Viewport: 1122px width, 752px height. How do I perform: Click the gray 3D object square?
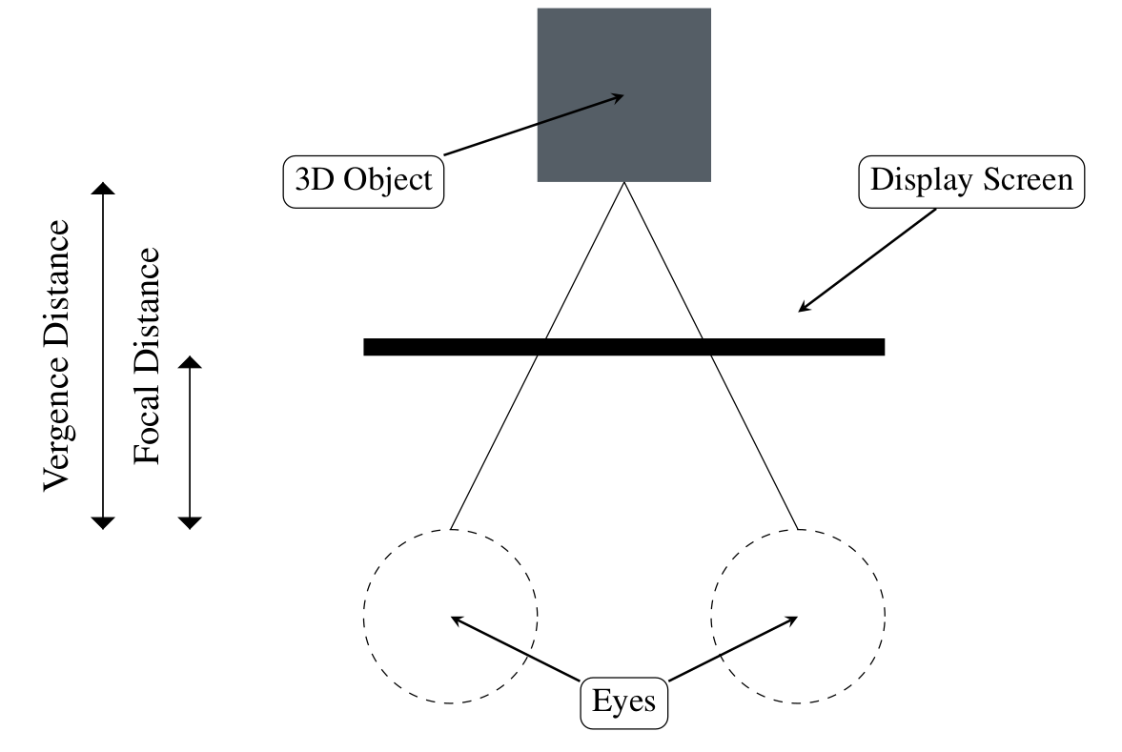[x=623, y=94]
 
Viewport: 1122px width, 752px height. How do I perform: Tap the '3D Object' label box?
[x=364, y=180]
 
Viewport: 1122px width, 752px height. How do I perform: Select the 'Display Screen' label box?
[x=971, y=180]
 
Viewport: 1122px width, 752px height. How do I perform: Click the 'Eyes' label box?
[x=623, y=703]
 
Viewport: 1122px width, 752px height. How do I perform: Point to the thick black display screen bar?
[x=623, y=347]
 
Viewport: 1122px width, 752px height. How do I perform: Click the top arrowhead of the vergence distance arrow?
[x=102, y=188]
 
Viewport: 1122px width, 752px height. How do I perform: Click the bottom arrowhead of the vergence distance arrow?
[x=102, y=521]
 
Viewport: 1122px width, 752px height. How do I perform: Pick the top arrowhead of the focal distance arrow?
[x=191, y=363]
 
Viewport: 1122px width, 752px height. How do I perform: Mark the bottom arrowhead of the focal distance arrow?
[x=191, y=521]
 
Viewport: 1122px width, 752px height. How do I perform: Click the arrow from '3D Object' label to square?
[x=534, y=124]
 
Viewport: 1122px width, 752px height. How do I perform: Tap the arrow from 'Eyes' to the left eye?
[x=515, y=649]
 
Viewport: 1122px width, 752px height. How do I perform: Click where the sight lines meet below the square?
[x=623, y=183]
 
